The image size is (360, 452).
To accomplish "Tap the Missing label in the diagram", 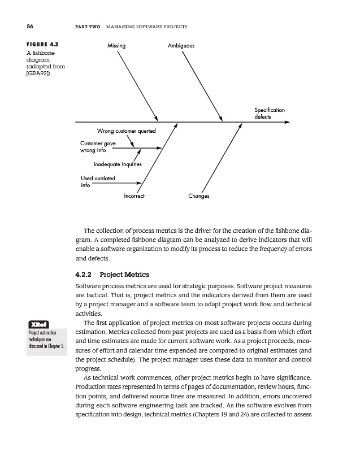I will click(x=116, y=45).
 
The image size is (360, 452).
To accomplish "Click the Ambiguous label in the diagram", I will click(x=181, y=45).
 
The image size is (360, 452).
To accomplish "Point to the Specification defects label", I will click(x=270, y=113).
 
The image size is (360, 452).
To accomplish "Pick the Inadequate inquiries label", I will click(x=118, y=164).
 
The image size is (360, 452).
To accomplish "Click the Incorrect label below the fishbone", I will click(x=134, y=197).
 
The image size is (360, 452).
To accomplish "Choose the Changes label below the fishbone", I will click(x=199, y=197).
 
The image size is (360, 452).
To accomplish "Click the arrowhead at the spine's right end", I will click(x=288, y=121).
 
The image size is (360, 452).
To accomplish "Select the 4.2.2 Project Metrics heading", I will click(x=116, y=275).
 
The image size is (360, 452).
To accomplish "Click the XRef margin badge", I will click(x=37, y=324).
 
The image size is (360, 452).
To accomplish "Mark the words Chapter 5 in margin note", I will click(x=58, y=346).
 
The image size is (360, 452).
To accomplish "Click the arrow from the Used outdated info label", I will click(x=116, y=182).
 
